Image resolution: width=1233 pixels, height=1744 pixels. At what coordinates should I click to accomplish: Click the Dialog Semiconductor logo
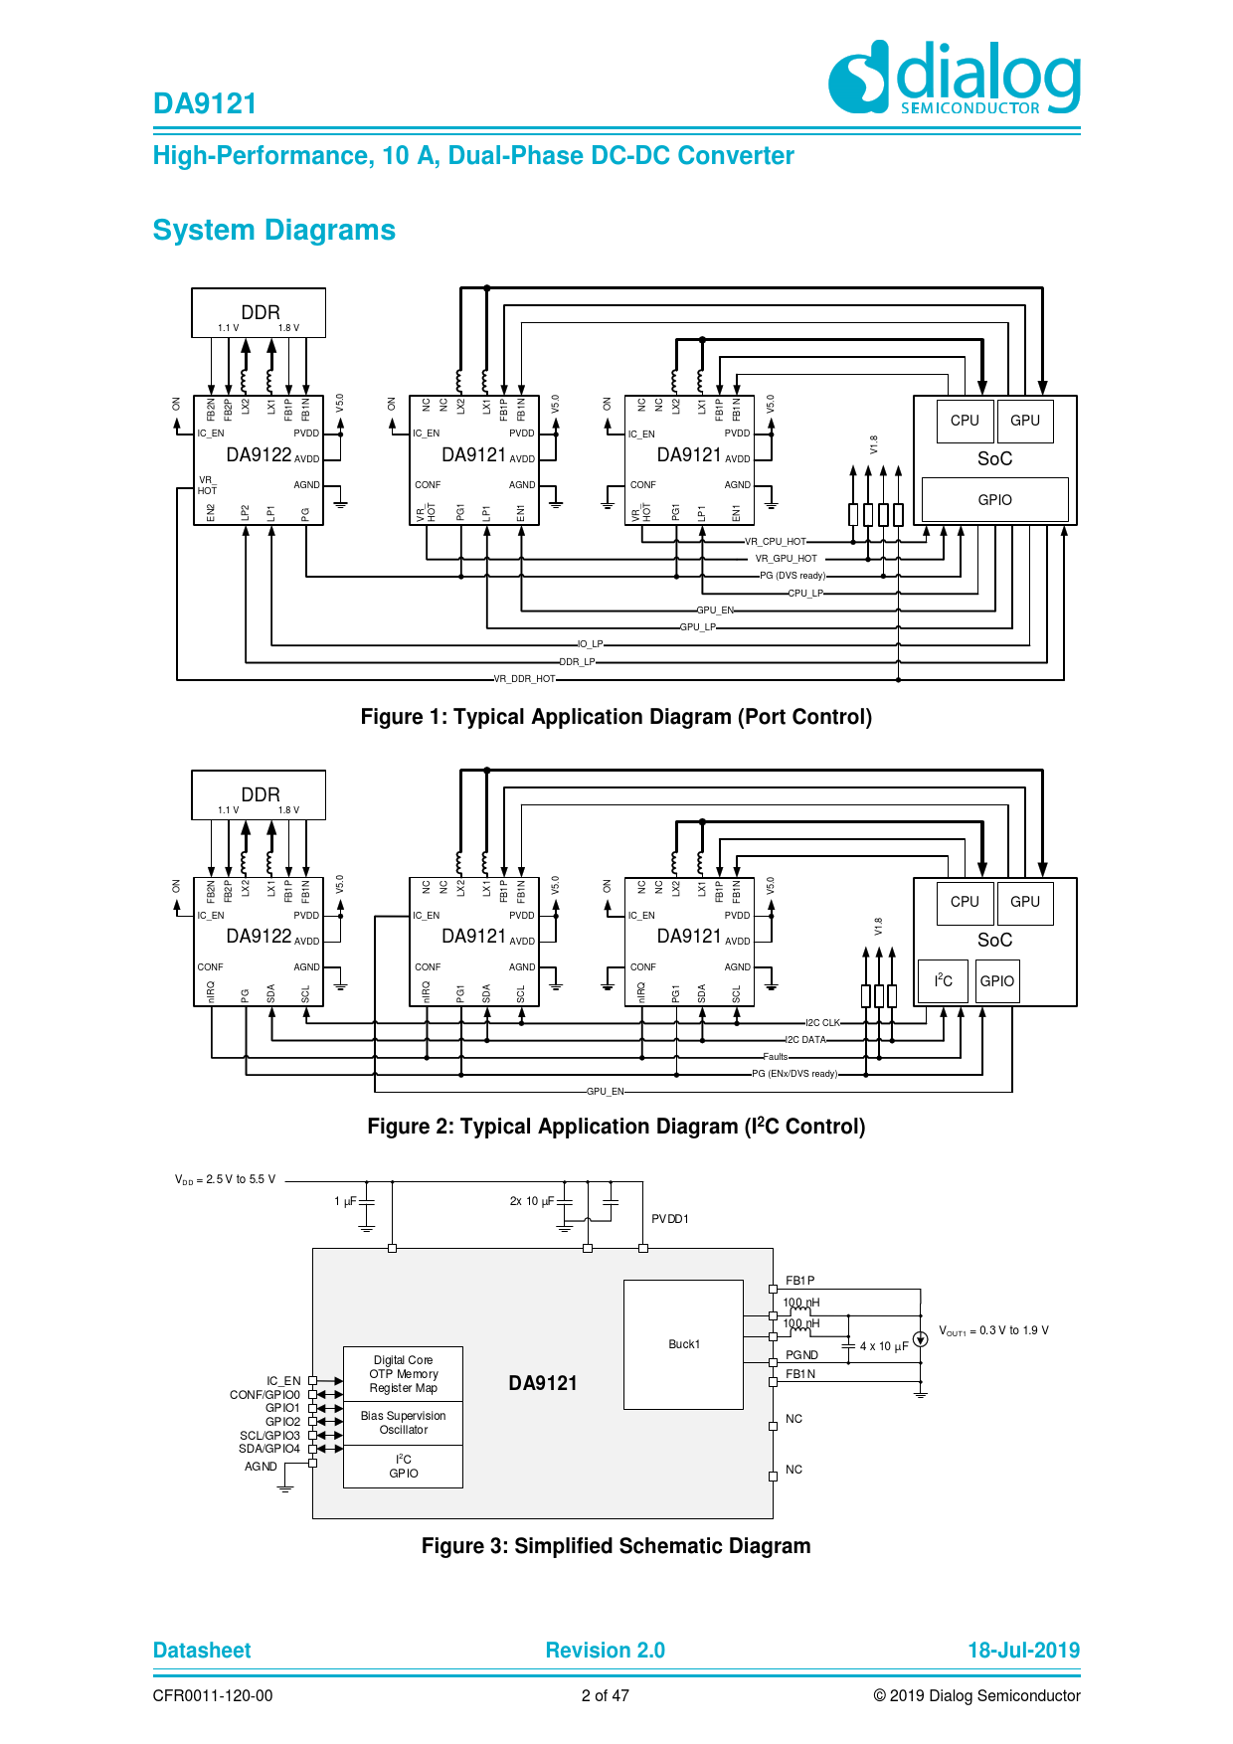pos(955,78)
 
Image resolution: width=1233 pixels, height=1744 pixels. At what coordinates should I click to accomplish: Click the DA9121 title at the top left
pos(205,103)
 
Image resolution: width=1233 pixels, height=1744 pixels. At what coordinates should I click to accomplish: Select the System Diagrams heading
pos(273,230)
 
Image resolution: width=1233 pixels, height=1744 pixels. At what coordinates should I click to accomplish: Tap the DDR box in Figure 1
pos(259,313)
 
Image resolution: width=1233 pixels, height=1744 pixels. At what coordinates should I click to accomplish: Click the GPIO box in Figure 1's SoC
pos(994,500)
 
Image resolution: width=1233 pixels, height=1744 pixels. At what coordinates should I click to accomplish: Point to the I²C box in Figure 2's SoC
pos(943,981)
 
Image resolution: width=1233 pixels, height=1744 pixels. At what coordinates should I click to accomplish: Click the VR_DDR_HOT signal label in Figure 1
pos(525,679)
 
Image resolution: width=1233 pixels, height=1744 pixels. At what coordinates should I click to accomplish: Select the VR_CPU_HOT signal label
pos(776,542)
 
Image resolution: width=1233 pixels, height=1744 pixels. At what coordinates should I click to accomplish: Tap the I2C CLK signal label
pos(822,1023)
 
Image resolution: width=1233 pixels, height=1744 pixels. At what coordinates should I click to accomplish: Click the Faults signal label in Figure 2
pos(776,1057)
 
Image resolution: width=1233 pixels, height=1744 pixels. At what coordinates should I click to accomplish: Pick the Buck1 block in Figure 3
pos(683,1344)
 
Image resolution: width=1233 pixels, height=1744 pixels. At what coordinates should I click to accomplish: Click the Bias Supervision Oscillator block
pos(403,1423)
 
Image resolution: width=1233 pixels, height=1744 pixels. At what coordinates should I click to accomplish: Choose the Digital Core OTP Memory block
pos(403,1374)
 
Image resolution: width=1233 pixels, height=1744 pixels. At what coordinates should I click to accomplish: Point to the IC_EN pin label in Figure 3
pos(283,1381)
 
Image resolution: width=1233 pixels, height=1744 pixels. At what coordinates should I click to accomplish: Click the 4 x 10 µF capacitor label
pos(884,1347)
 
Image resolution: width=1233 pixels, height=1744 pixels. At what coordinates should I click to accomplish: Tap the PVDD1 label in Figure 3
pos(670,1219)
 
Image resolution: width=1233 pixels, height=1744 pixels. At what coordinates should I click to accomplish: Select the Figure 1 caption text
pos(616,717)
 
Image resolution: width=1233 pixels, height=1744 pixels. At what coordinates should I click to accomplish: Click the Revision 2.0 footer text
pos(605,1651)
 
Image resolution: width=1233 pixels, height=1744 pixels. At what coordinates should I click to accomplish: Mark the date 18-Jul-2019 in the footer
pos(1023,1651)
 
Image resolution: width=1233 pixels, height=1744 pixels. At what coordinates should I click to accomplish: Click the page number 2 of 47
pos(605,1696)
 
